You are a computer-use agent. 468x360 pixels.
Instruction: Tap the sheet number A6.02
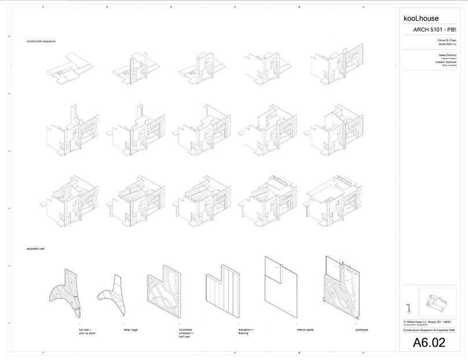click(x=429, y=343)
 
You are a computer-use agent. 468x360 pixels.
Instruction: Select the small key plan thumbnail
click(x=437, y=303)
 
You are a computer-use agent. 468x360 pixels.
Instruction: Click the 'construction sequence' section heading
click(x=40, y=42)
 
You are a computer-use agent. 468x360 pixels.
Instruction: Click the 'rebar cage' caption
click(x=131, y=330)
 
